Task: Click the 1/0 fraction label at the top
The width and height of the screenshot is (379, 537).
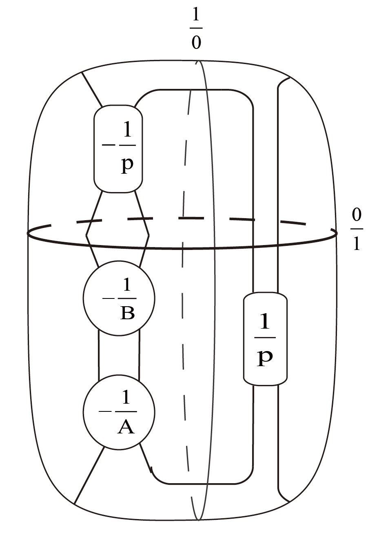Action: (196, 29)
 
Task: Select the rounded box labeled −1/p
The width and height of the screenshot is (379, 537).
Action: (118, 149)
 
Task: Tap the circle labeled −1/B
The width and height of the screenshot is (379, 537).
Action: (119, 298)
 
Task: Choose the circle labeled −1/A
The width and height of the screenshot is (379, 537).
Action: (119, 412)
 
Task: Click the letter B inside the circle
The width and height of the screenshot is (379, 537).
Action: (127, 313)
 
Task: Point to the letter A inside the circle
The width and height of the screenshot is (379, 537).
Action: (126, 427)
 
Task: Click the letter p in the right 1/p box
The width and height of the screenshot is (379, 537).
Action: (265, 357)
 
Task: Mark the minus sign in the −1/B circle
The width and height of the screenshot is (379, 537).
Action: (108, 298)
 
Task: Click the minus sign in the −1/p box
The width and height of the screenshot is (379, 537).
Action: (108, 145)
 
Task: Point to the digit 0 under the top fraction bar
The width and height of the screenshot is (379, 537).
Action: (196, 42)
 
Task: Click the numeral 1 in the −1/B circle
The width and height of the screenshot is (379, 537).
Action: (127, 284)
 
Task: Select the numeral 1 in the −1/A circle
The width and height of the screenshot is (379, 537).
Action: (126, 398)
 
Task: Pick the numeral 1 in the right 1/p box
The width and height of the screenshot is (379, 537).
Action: (265, 322)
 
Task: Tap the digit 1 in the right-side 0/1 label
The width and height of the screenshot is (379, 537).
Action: (357, 243)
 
